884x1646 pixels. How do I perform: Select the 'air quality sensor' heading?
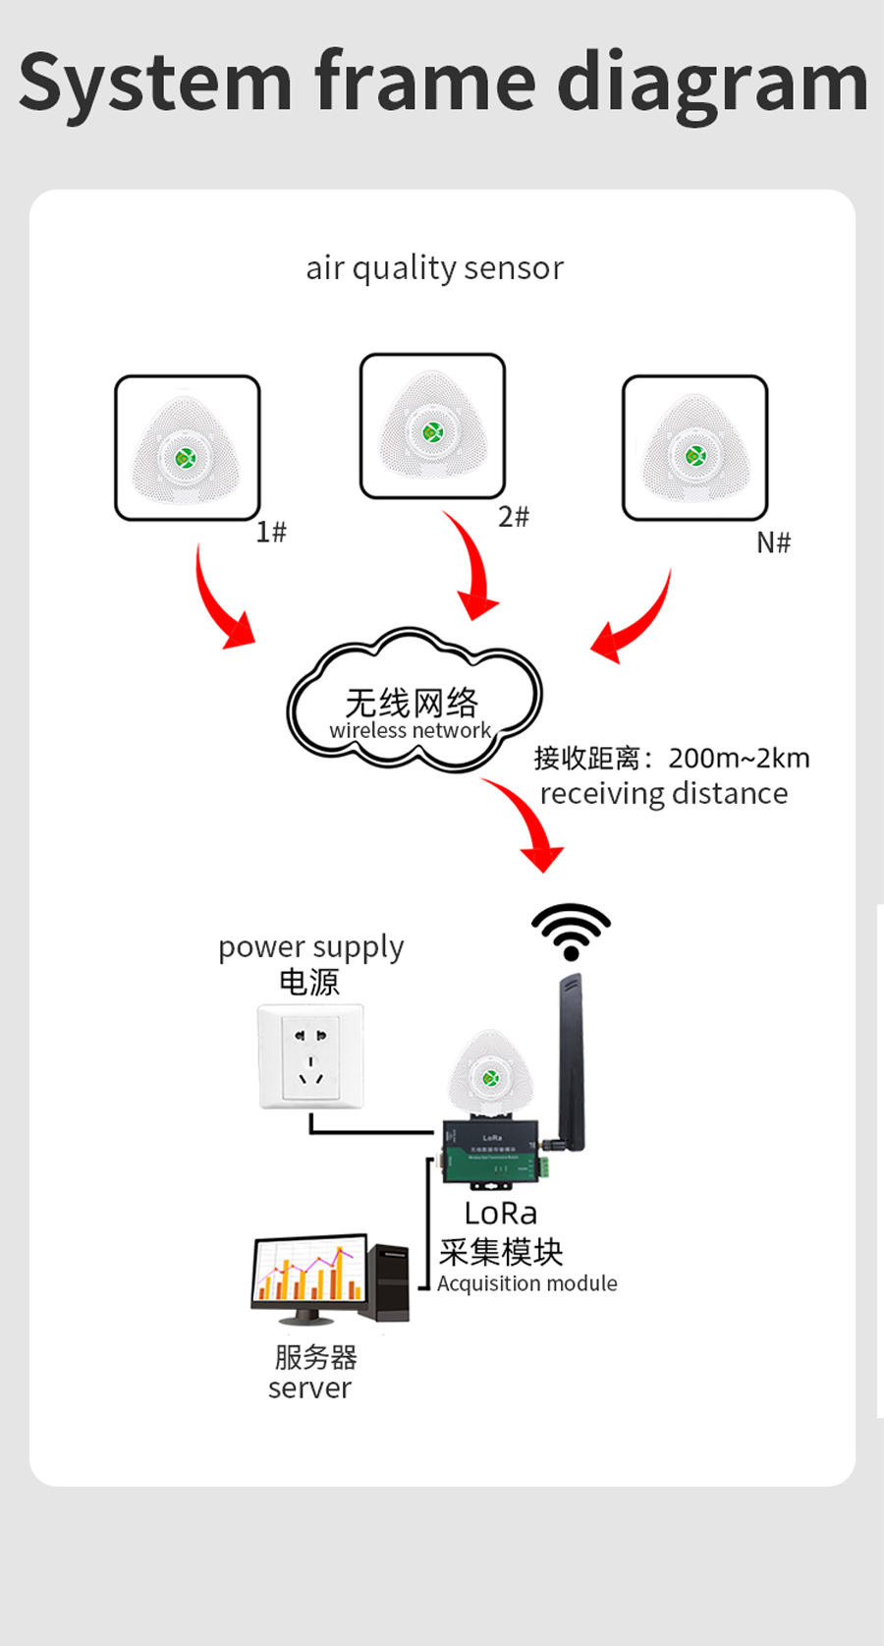(434, 268)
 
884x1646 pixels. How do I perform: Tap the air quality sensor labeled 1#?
(187, 448)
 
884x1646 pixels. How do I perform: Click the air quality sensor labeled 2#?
(432, 426)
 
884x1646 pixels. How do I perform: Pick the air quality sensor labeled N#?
(694, 448)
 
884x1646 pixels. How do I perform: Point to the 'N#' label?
(773, 542)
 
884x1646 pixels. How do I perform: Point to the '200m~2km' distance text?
(739, 759)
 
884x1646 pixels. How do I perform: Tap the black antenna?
(571, 1061)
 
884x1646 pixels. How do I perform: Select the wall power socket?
(310, 1056)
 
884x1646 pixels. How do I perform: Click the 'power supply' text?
(310, 947)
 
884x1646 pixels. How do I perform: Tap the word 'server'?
(309, 1389)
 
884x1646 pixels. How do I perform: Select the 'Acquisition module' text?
(527, 1283)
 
